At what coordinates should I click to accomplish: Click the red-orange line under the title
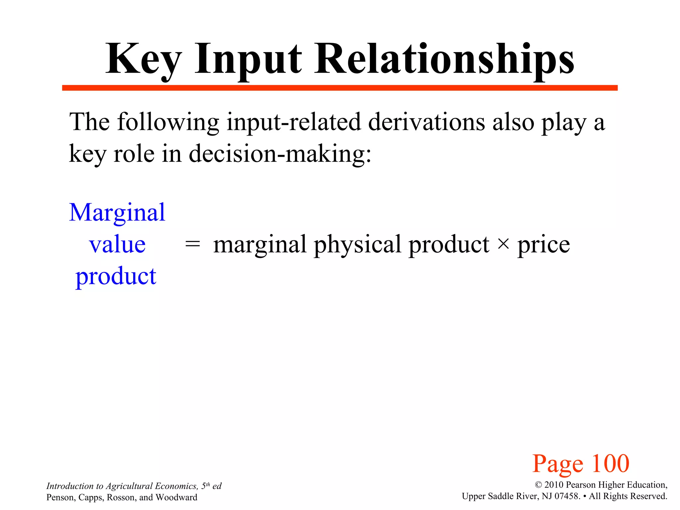tap(339, 88)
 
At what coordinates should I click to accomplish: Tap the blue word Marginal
tap(117, 212)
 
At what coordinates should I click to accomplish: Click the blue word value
tap(117, 244)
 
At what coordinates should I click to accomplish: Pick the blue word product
tap(116, 276)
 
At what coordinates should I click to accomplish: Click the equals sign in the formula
tap(193, 245)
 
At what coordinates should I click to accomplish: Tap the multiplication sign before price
tap(503, 244)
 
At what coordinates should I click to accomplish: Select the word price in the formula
tap(544, 245)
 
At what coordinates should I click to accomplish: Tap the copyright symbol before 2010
tap(538, 485)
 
